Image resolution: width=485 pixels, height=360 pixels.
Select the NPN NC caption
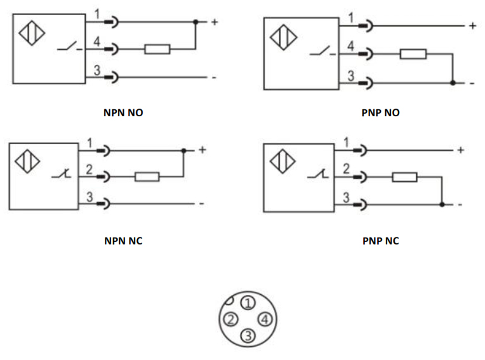[123, 241]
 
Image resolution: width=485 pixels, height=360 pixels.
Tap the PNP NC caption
[381, 241]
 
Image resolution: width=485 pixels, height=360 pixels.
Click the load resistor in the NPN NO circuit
[157, 49]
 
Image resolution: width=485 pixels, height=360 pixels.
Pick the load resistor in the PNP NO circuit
[413, 54]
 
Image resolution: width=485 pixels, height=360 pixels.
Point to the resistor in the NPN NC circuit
[147, 177]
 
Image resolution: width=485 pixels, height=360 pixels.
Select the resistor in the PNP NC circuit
[404, 177]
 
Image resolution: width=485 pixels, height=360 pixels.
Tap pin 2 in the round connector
[232, 319]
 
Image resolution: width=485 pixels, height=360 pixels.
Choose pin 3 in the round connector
[248, 335]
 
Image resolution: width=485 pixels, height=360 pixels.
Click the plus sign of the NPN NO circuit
[215, 22]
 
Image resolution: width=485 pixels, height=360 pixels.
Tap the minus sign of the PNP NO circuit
[471, 83]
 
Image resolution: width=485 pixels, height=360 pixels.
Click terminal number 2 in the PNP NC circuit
[345, 169]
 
